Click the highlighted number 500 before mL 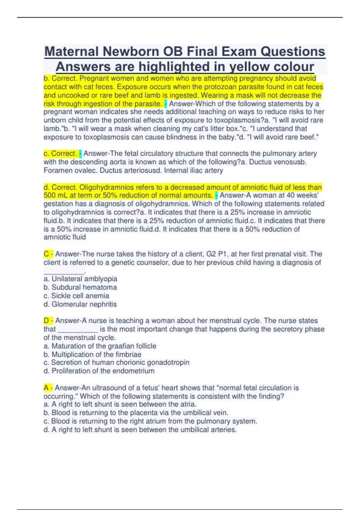coord(49,196)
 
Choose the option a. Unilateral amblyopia coord(80,279)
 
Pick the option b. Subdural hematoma coord(80,287)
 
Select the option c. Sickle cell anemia coord(76,296)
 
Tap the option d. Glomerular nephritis coord(80,304)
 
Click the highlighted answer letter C coord(46,254)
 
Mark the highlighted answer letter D coord(46,321)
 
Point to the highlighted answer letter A coord(46,388)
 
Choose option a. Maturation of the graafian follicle coord(100,346)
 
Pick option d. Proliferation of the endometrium coord(99,371)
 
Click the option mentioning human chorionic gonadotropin coord(116,363)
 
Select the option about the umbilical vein coord(136,413)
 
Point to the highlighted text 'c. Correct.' coord(60,154)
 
